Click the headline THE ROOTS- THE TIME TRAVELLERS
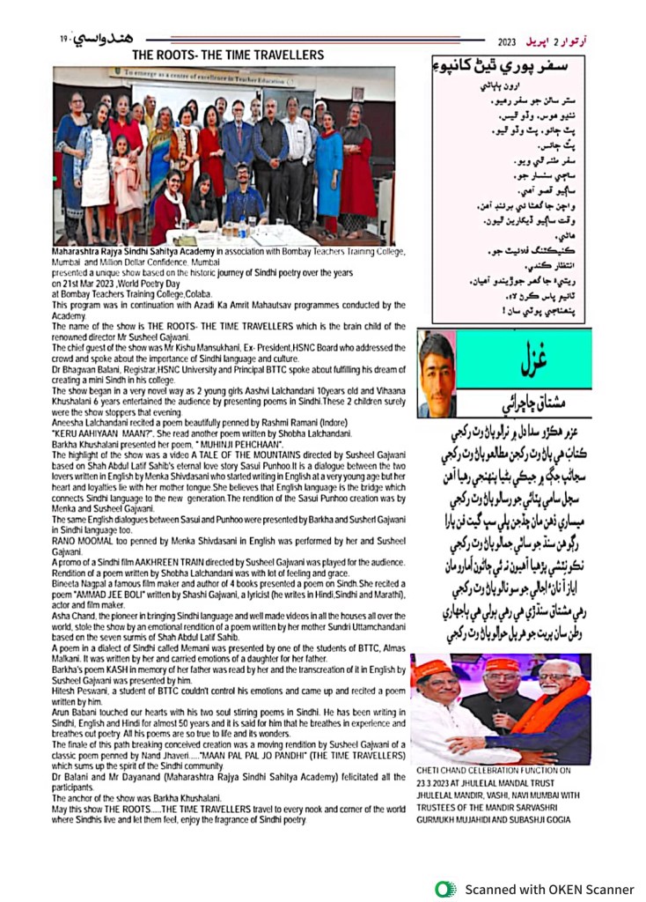(x=227, y=55)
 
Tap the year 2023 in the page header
(x=507, y=41)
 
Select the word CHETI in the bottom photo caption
(x=430, y=770)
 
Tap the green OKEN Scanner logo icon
(x=445, y=888)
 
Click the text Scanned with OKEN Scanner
(x=549, y=889)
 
